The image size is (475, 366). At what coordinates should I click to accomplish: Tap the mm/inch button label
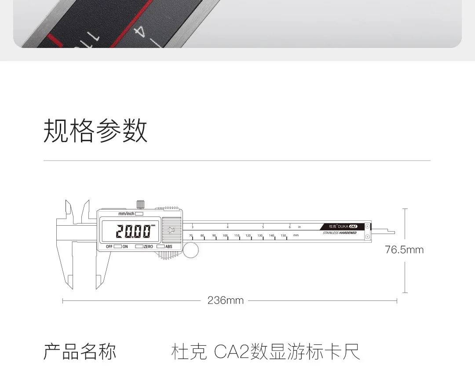pyautogui.click(x=126, y=214)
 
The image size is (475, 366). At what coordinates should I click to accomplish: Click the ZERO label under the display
pyautogui.click(x=148, y=247)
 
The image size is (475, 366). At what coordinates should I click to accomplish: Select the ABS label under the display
pyautogui.click(x=168, y=247)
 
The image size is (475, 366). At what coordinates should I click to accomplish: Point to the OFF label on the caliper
pyautogui.click(x=109, y=247)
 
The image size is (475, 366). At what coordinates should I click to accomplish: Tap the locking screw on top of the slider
pyautogui.click(x=140, y=204)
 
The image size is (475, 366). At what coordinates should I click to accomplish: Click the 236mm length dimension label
pyautogui.click(x=225, y=300)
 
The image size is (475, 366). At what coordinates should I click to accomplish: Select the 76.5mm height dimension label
pyautogui.click(x=404, y=250)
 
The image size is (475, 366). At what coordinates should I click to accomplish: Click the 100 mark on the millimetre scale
pyautogui.click(x=225, y=236)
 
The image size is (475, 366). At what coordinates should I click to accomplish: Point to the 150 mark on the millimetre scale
pyautogui.click(x=283, y=236)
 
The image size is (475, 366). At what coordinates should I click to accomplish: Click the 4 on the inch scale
pyautogui.click(x=227, y=227)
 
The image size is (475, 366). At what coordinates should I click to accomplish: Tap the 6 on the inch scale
pyautogui.click(x=289, y=227)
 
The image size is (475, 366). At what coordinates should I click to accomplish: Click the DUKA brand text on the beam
pyautogui.click(x=343, y=226)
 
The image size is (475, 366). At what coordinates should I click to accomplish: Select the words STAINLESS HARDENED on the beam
pyautogui.click(x=340, y=233)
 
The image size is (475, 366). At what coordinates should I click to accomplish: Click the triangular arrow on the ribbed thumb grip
pyautogui.click(x=172, y=231)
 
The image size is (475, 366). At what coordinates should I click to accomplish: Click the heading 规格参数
pyautogui.click(x=95, y=131)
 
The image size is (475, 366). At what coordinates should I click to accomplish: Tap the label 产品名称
pyautogui.click(x=80, y=352)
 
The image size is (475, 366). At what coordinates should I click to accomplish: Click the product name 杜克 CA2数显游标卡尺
pyautogui.click(x=266, y=352)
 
